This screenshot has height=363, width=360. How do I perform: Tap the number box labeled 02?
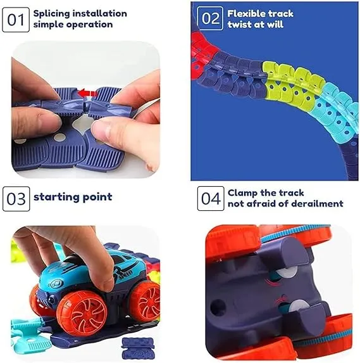point(210,18)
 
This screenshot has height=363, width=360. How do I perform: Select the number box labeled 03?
point(15,198)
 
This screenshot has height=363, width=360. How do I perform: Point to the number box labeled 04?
point(210,198)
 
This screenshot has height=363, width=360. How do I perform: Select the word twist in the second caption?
point(240,25)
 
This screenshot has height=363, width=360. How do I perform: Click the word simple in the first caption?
point(47,25)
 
